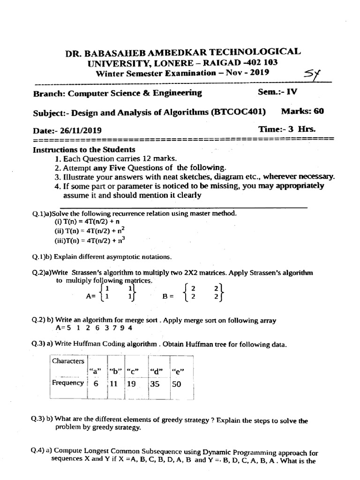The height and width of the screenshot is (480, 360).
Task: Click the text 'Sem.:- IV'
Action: tap(277, 92)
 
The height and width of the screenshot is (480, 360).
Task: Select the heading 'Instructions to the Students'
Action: tap(84, 150)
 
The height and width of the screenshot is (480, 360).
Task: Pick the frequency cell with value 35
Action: tap(156, 383)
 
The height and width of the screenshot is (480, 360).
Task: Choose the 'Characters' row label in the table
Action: tap(68, 361)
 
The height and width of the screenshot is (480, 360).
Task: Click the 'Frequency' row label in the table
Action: tap(68, 382)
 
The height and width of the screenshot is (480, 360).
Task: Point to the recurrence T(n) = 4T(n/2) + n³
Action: tap(90, 241)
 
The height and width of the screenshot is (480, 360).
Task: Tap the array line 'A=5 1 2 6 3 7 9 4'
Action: tap(94, 328)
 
